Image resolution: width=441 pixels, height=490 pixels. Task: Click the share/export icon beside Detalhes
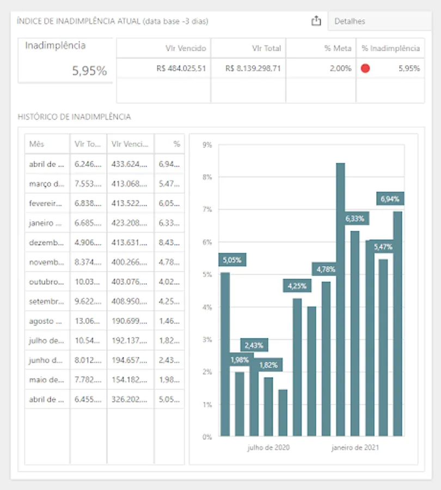[x=316, y=21]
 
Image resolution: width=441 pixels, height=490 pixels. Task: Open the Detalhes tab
[x=350, y=21]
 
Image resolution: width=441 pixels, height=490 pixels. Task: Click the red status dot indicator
[x=365, y=69]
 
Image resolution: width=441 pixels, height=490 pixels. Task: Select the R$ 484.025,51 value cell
[x=181, y=69]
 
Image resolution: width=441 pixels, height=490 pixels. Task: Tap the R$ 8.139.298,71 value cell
[x=253, y=69]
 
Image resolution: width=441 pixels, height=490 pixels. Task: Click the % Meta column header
[x=338, y=48]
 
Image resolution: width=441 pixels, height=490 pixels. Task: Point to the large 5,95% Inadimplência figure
[x=90, y=71]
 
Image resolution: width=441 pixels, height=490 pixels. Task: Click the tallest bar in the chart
[x=340, y=299]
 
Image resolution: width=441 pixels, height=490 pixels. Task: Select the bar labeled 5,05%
[x=225, y=354]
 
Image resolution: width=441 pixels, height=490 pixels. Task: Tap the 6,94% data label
[x=390, y=199]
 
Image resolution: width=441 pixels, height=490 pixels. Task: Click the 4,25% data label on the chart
[x=297, y=285]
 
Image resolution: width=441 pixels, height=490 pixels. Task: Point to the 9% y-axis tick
[x=206, y=145]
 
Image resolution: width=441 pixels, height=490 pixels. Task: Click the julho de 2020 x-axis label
[x=268, y=448]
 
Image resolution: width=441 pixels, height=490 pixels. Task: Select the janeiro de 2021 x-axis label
[x=356, y=448]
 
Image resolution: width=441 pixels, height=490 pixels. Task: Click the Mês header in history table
[x=37, y=144]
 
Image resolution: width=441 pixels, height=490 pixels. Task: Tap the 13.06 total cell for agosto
[x=88, y=321]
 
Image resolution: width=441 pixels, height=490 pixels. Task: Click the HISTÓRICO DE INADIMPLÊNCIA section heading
[x=74, y=117]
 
